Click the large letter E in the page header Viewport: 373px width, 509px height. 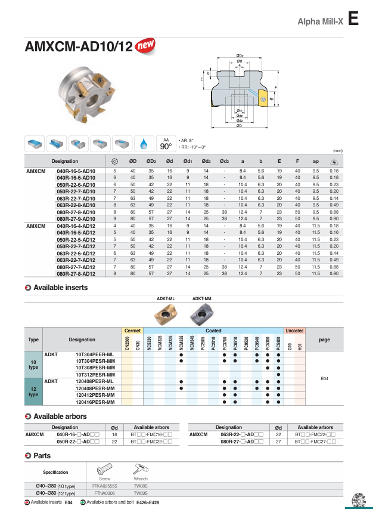353,20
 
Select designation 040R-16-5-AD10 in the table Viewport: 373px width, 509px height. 76,171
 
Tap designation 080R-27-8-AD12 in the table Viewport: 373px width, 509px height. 76,273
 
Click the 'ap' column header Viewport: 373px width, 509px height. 315,161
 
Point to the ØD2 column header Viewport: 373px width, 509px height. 151,161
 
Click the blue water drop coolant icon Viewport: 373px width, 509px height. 143,144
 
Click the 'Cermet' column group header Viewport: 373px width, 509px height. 132,331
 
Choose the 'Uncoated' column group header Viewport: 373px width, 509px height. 294,331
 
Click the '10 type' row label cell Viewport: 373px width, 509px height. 34,364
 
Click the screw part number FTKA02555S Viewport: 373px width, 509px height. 105,486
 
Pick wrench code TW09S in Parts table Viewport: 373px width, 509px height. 141,493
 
